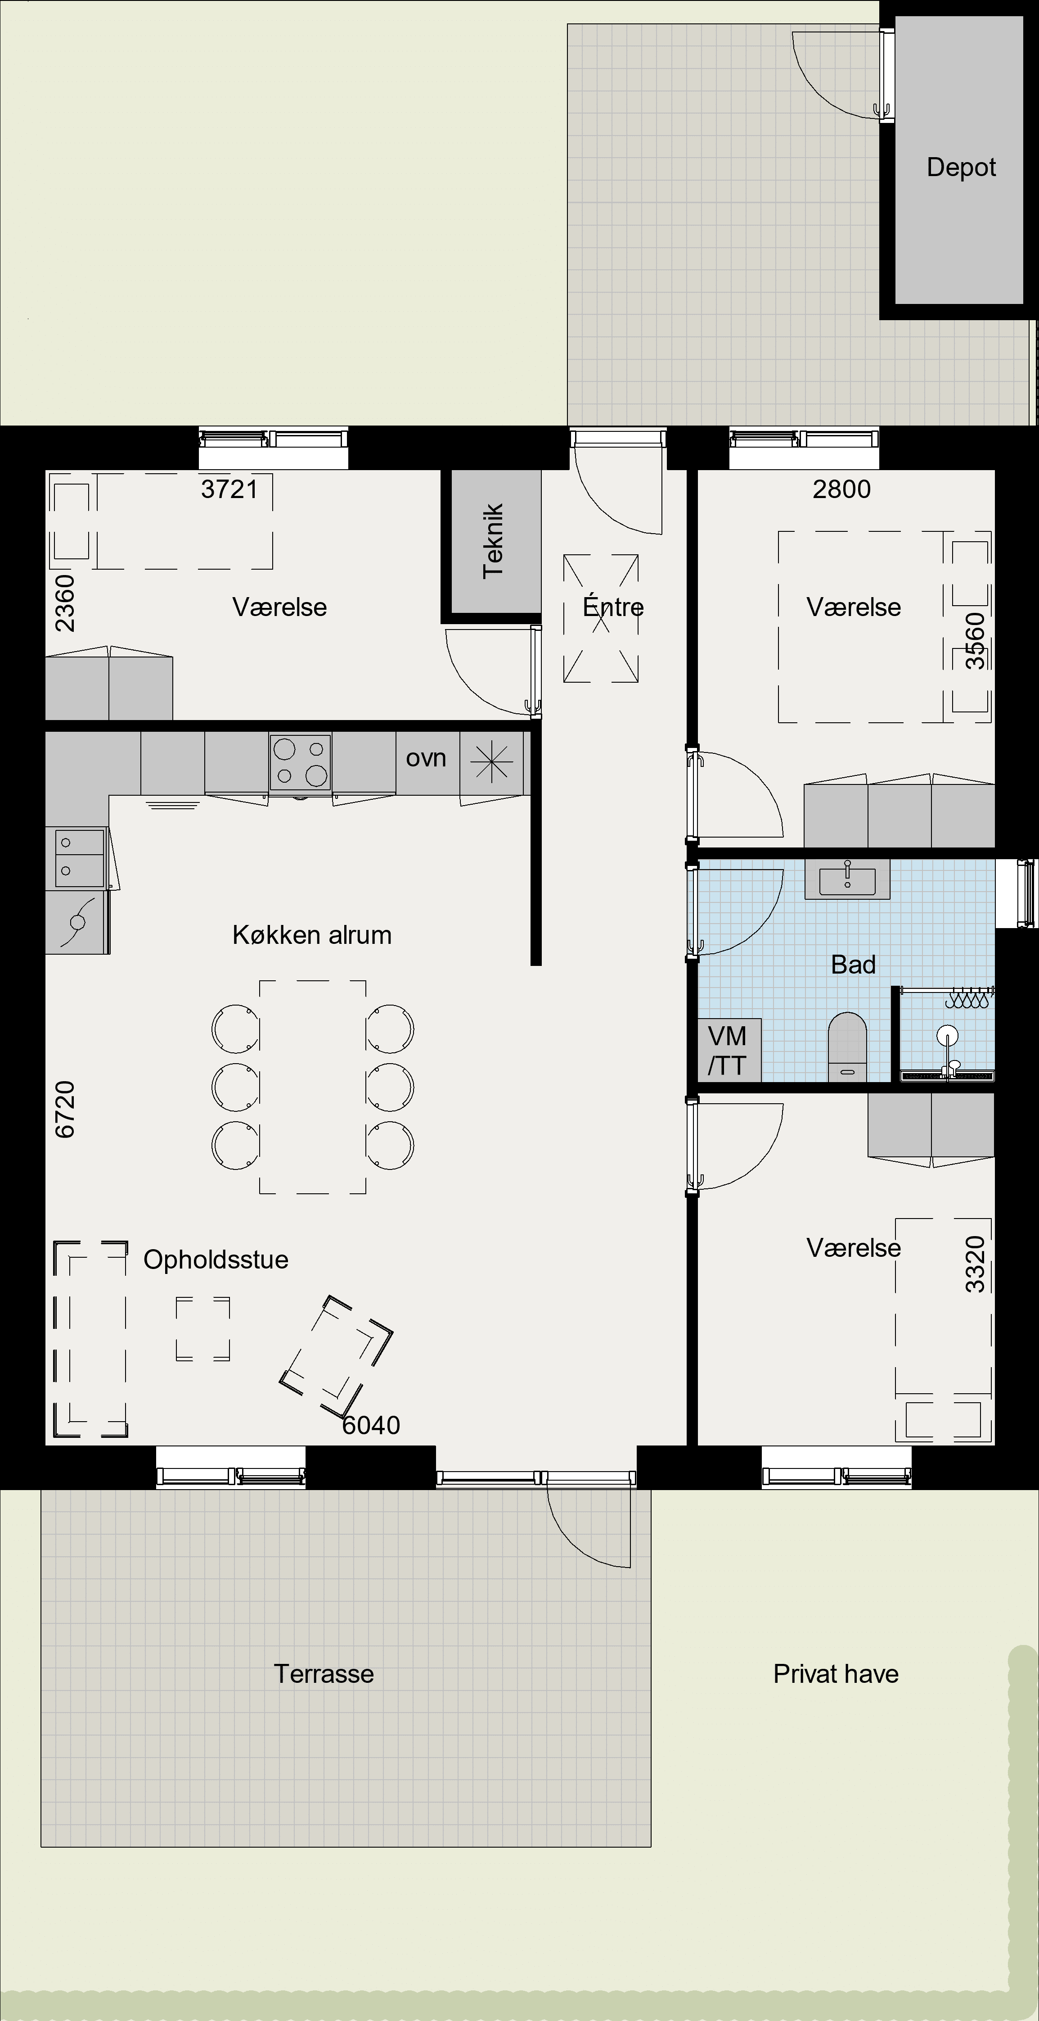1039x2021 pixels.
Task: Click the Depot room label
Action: (961, 167)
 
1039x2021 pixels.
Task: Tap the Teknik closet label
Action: (493, 541)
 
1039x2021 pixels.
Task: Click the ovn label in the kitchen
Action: (426, 758)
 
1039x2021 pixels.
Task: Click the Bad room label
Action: (853, 964)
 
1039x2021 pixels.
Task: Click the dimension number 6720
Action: (65, 1109)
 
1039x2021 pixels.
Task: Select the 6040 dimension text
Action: (371, 1425)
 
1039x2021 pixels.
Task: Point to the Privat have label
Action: (836, 1673)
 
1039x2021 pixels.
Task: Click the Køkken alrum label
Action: (312, 934)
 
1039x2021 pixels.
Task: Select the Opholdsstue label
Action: (216, 1259)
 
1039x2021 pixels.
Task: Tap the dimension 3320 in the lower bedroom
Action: (975, 1264)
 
